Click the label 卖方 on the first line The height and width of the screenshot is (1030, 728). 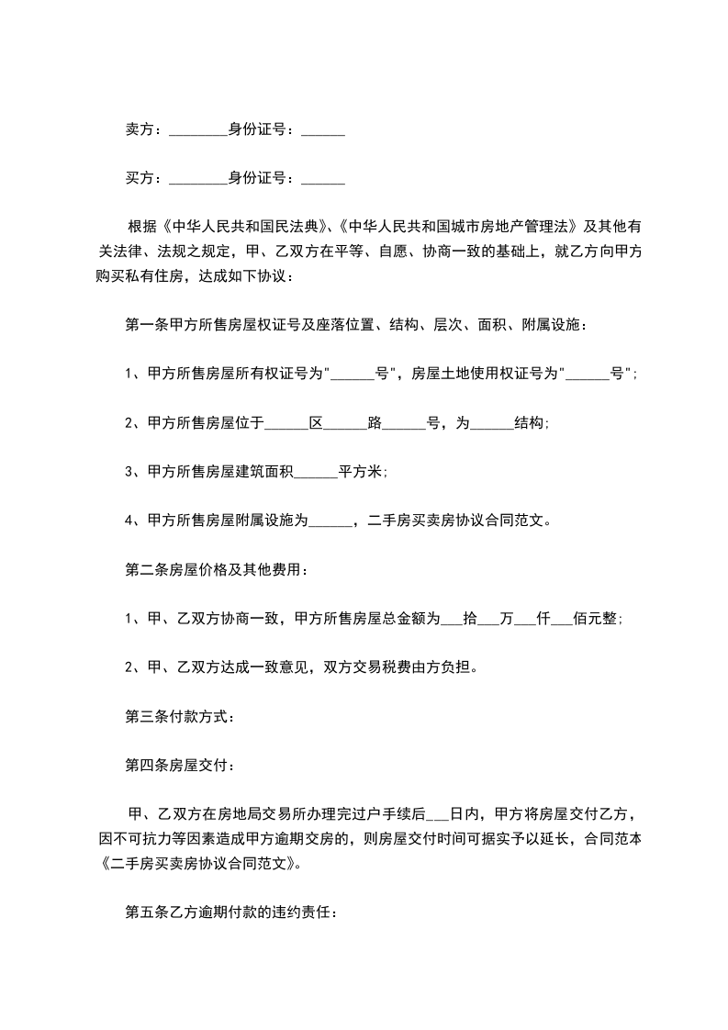(138, 130)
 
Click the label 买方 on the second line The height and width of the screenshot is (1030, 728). (138, 178)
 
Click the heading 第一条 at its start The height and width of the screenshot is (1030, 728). (143, 324)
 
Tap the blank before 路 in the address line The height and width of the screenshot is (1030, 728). (346, 424)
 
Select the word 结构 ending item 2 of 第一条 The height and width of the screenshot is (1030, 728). (531, 423)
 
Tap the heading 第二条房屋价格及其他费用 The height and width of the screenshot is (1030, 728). (216, 570)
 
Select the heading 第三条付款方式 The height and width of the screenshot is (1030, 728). (179, 717)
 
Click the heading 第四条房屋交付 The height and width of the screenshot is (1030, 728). (179, 765)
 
